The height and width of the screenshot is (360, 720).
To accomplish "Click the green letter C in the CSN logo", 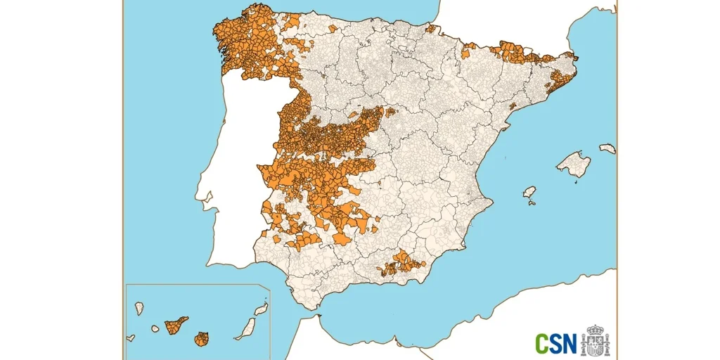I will pos(543,344).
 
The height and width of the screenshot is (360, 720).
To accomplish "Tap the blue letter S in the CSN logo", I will pos(555,344).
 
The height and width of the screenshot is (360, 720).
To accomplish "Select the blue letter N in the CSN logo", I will pos(569,344).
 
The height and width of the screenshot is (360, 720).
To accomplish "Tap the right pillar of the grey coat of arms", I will pos(607,344).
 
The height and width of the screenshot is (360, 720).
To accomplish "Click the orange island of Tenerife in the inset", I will pos(176,326).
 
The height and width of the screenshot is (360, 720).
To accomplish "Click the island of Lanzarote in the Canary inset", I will pos(261,310).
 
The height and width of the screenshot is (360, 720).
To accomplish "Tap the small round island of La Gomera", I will pos(155,328).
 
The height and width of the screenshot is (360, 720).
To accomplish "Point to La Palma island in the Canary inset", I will pos(139,308).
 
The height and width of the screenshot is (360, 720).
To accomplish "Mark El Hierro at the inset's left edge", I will pos(131,338).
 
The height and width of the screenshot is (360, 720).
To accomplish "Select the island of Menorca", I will pos(607,148).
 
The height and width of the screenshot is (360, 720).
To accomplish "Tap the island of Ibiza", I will pos(529,193).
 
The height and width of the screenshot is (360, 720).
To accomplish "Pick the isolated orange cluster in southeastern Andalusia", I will pos(403,264).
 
